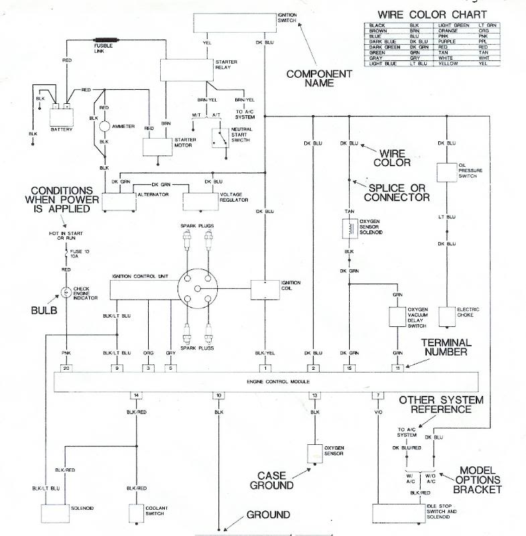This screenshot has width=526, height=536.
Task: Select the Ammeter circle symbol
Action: point(104,126)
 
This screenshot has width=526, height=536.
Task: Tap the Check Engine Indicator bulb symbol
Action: point(66,292)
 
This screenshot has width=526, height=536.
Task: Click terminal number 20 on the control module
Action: point(66,368)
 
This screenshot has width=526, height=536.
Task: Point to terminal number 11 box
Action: point(398,368)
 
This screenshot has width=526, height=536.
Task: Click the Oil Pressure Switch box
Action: point(447,173)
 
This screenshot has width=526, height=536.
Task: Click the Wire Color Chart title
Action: point(432,15)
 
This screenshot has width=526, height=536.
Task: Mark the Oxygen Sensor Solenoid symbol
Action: point(348,229)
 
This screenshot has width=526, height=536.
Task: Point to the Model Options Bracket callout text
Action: point(479,480)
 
